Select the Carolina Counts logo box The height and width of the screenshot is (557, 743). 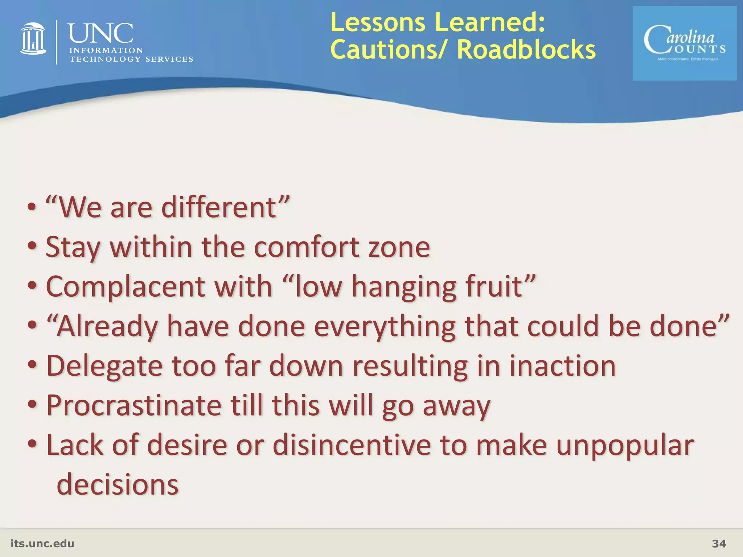point(684,44)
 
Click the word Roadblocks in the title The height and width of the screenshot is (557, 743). point(526,50)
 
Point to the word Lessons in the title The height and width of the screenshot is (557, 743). point(378,22)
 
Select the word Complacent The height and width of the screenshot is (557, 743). point(125,286)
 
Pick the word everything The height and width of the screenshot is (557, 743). point(385,326)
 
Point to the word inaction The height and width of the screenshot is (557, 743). point(562,366)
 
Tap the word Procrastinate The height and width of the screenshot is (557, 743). point(134,405)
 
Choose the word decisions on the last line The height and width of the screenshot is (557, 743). point(118,485)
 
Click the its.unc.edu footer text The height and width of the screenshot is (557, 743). point(42,544)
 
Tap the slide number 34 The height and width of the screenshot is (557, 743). point(719,544)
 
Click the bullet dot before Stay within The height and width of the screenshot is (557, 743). point(32,247)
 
